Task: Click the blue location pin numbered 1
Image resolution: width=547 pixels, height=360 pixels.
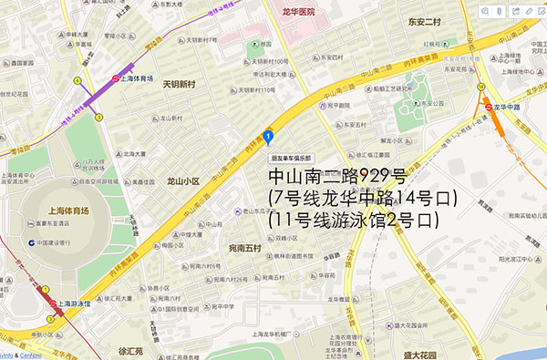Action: pos(267,138)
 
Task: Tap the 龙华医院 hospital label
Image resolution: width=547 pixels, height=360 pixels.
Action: pos(297,12)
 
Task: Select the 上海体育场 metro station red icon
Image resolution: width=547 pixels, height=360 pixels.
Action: pos(116,79)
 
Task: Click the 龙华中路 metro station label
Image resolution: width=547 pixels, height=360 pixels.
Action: pos(504,106)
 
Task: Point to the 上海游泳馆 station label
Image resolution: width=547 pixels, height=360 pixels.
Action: pos(76,303)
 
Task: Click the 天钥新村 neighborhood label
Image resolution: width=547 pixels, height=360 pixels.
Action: pos(180,85)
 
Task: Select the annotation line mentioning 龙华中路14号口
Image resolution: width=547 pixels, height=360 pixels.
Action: pos(361,198)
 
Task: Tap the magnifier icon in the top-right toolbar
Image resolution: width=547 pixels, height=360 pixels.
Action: pos(484,11)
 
